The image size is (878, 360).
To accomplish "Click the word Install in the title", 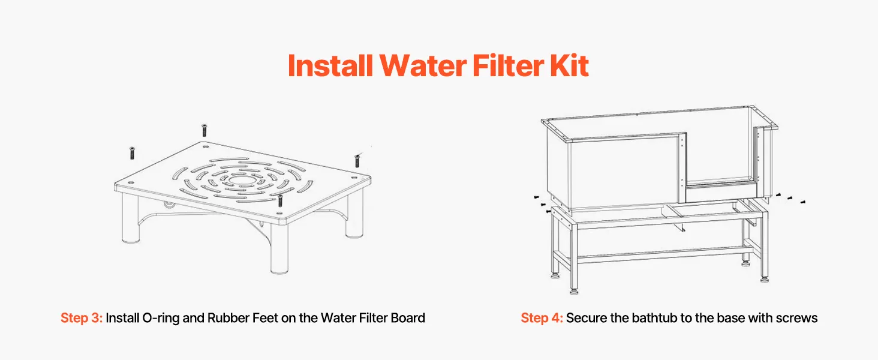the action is (330, 65).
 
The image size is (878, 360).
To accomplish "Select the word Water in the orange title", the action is (423, 65).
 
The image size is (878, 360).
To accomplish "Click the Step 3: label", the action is (82, 317).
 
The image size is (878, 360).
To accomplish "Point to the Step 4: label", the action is (542, 317).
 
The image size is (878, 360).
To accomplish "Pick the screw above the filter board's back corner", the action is (204, 130).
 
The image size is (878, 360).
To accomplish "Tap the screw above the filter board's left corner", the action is (132, 153).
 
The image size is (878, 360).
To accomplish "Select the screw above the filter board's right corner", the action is (357, 161).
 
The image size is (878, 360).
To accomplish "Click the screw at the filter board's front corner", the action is (280, 200).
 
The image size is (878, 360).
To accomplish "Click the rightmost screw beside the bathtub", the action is (802, 202).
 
